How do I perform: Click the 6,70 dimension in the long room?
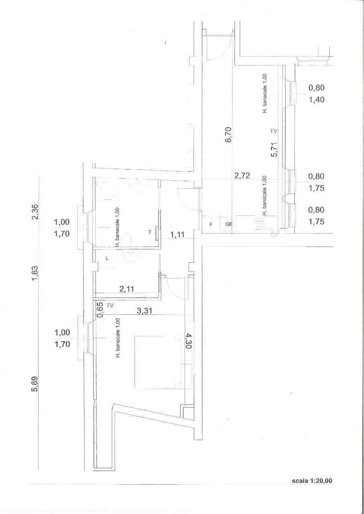click(228, 135)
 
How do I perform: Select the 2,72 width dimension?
click(243, 175)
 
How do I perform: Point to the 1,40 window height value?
click(316, 99)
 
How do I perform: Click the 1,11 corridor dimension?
click(177, 235)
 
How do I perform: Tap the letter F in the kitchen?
click(211, 224)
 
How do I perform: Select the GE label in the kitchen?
click(228, 224)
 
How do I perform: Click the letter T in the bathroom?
click(150, 232)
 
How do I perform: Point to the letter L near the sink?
click(107, 259)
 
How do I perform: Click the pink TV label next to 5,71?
click(274, 131)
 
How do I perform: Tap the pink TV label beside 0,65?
click(110, 305)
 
